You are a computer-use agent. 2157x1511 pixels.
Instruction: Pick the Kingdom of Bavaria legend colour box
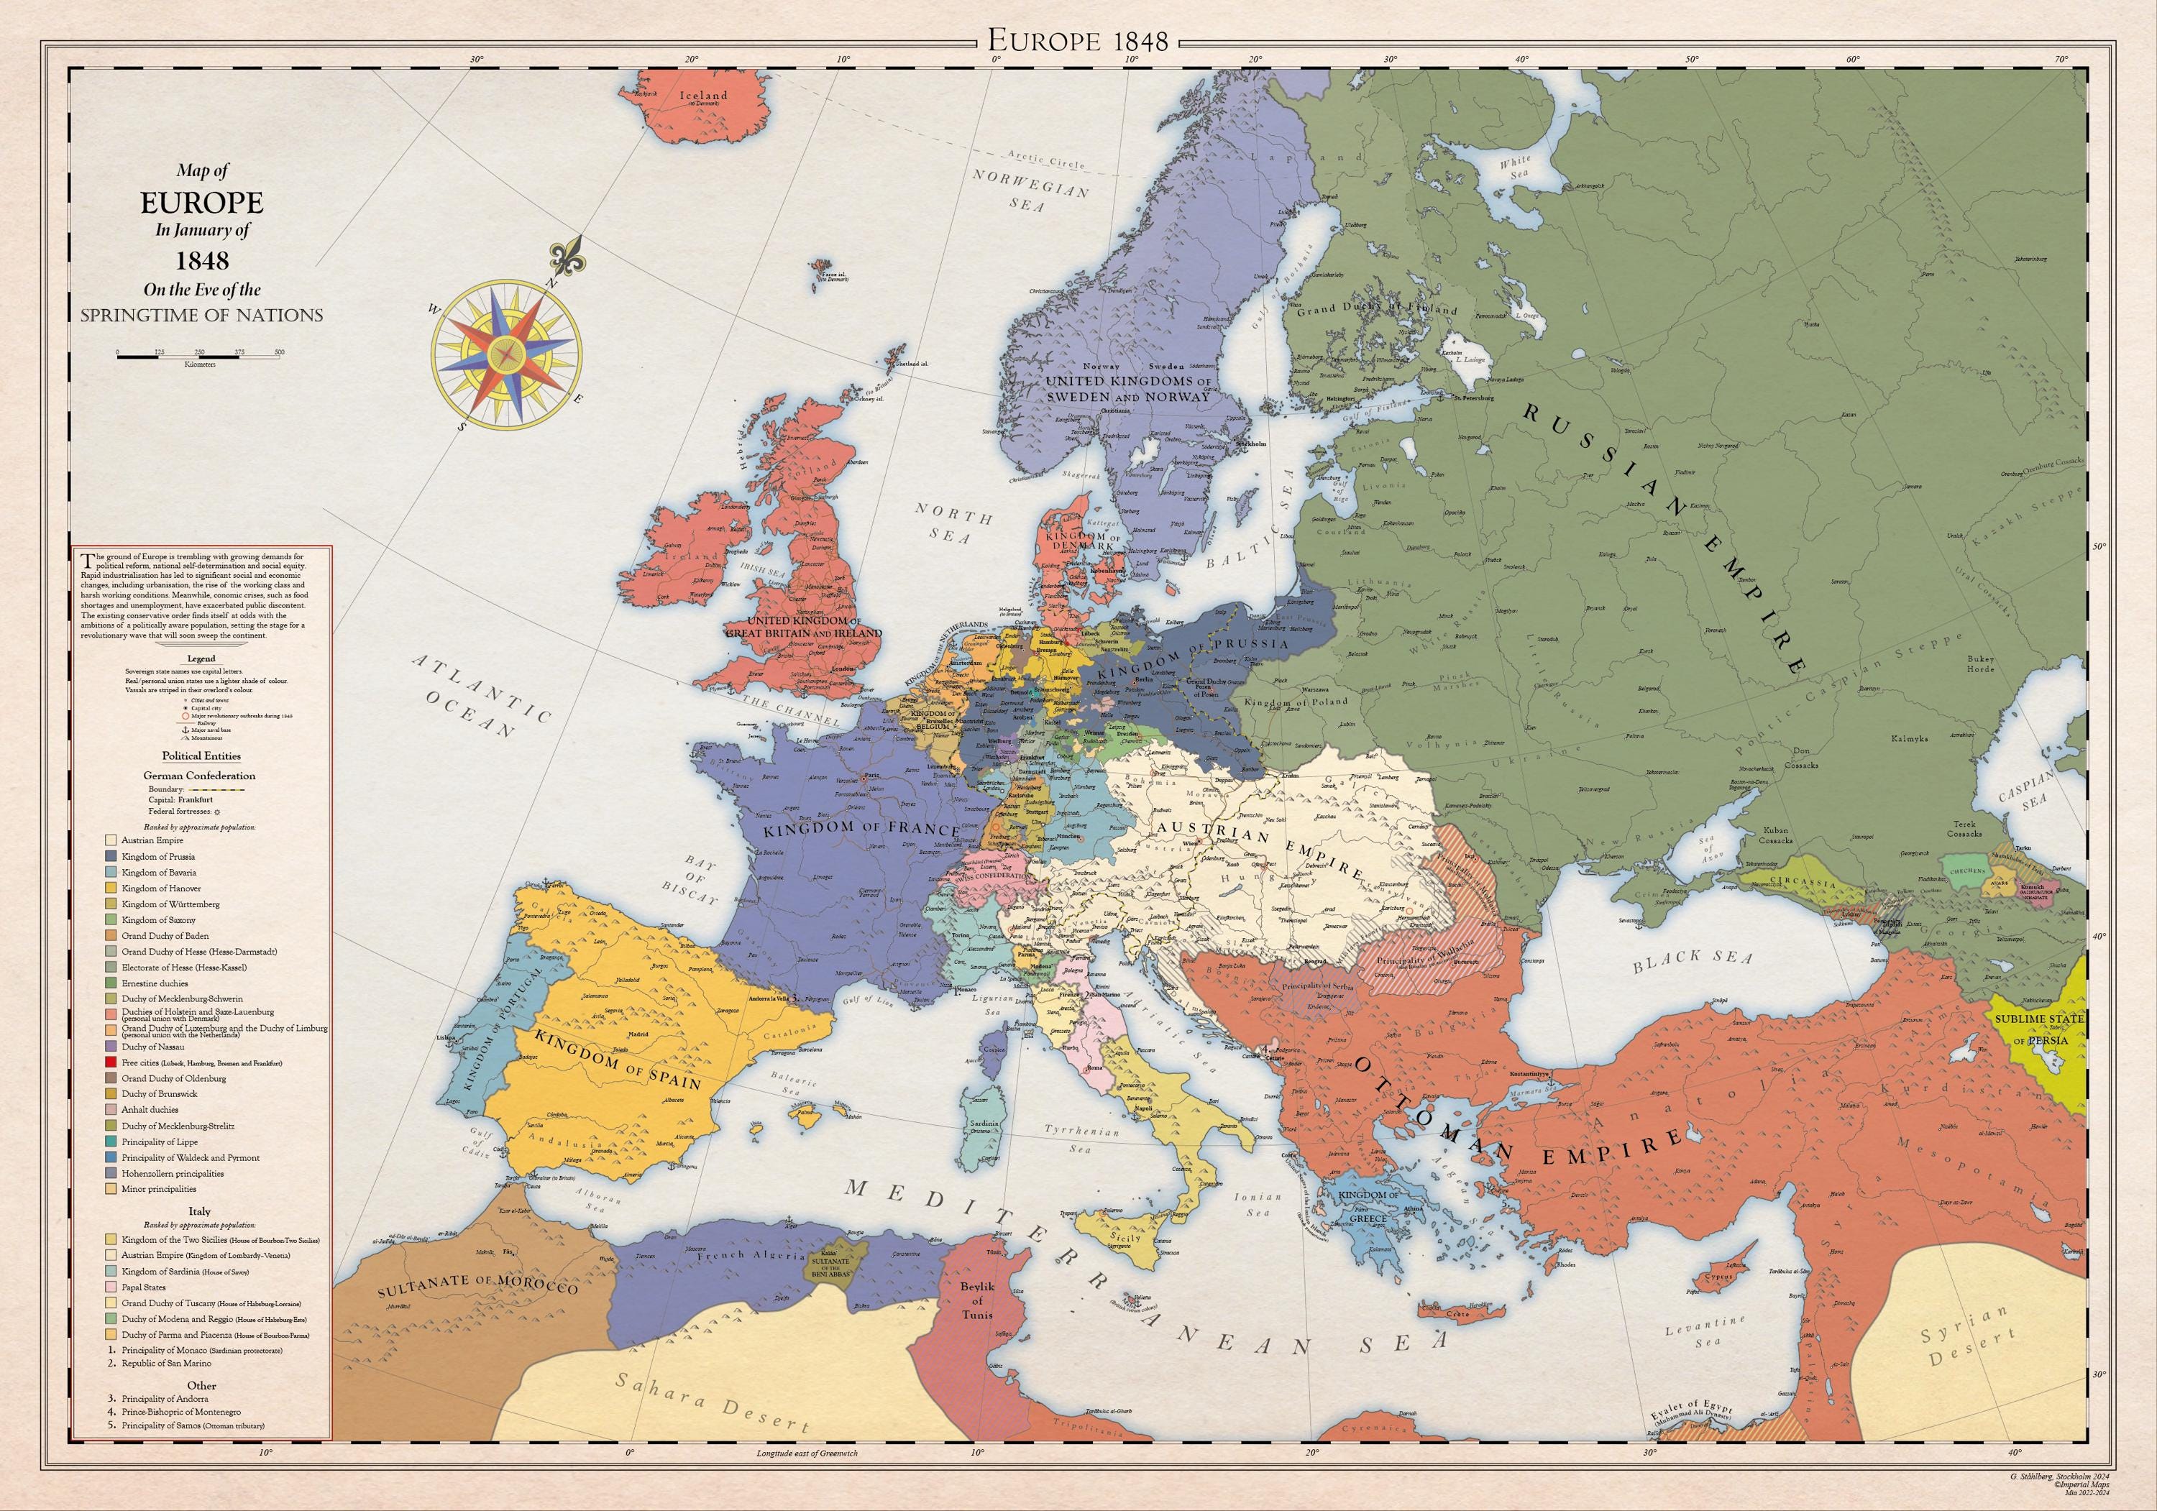click(x=111, y=873)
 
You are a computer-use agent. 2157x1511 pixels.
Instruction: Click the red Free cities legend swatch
click(x=111, y=1062)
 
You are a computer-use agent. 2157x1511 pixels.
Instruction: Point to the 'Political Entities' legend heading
click(x=201, y=755)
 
